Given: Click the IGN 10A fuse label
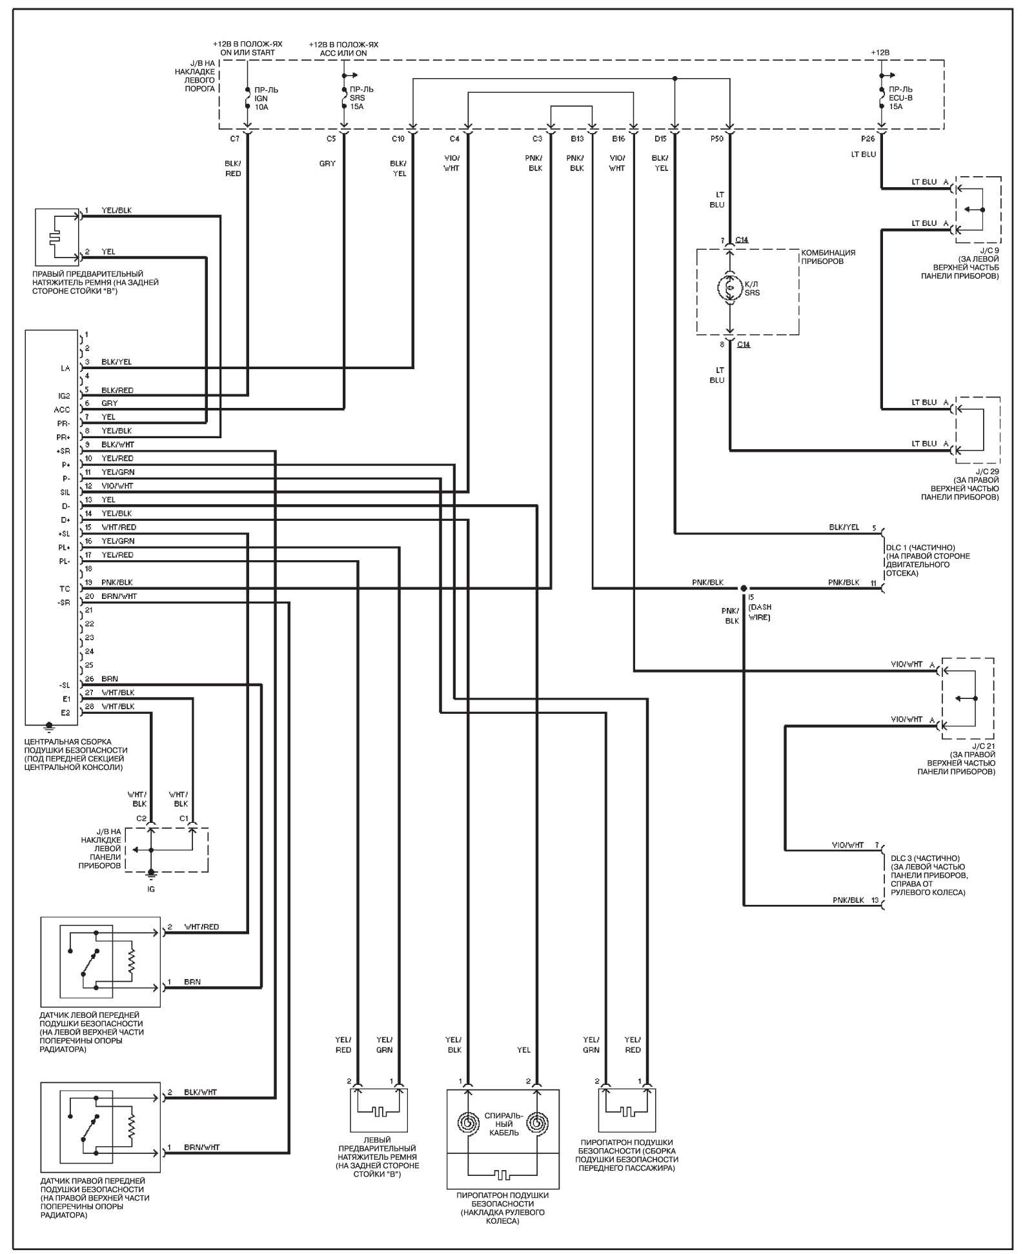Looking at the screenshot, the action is pyautogui.click(x=262, y=98).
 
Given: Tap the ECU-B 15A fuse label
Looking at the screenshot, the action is pyautogui.click(x=901, y=97).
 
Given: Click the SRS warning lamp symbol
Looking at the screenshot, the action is pyautogui.click(x=730, y=288).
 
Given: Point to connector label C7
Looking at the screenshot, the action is pyautogui.click(x=234, y=139).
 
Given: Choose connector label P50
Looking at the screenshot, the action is pyautogui.click(x=716, y=139).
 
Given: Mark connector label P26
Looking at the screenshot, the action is pyautogui.click(x=868, y=139).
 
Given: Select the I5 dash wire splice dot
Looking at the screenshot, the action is pyautogui.click(x=744, y=588).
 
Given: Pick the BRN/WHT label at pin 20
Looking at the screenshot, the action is pyautogui.click(x=119, y=596).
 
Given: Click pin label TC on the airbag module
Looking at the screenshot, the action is pyautogui.click(x=65, y=589).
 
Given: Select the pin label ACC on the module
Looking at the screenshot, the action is pyautogui.click(x=62, y=410).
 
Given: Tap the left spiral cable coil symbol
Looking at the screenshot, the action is pyautogui.click(x=468, y=1123).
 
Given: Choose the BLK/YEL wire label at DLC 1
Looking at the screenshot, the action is pyautogui.click(x=844, y=527).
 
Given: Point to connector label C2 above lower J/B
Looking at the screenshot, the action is pyautogui.click(x=141, y=818).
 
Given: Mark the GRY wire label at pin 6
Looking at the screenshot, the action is pyautogui.click(x=110, y=403).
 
